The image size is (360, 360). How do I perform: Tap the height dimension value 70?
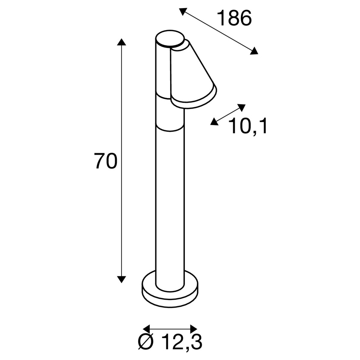pyautogui.click(x=105, y=161)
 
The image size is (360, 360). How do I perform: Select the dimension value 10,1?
pyautogui.click(x=248, y=127)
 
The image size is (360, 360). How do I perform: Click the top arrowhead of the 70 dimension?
pyautogui.click(x=121, y=42)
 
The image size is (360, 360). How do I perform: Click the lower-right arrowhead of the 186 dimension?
pyautogui.click(x=254, y=51)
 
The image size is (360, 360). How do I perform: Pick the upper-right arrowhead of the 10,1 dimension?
pyautogui.click(x=241, y=108)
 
